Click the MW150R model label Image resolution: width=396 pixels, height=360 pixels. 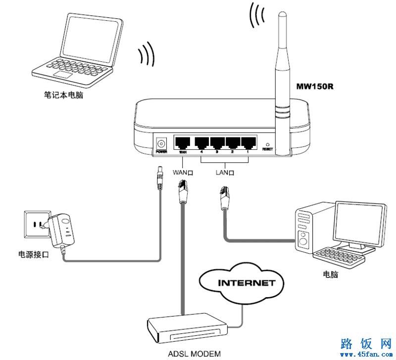pos(314,87)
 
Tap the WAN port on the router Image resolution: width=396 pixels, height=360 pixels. pos(182,143)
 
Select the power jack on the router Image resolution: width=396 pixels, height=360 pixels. pos(161,143)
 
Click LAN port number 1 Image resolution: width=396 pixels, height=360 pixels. pos(247,143)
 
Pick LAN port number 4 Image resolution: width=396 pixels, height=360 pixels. pos(201,143)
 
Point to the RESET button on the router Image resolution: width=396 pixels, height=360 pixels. pos(267,142)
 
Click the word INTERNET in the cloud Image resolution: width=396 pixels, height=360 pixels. pos(240,283)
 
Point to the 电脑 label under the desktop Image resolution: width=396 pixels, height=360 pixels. pos(330,274)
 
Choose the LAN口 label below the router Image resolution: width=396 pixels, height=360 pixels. pos(225,173)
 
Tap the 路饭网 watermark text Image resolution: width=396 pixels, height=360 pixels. pos(367,344)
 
